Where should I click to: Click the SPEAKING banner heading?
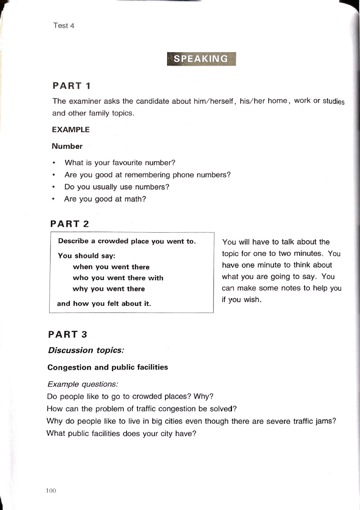[x=201, y=59]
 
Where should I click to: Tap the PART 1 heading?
[x=72, y=86]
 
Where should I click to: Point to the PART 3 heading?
[x=68, y=335]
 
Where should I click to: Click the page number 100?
[x=50, y=491]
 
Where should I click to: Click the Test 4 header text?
[x=64, y=26]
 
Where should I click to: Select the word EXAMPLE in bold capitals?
[x=71, y=130]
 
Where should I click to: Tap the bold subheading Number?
[x=67, y=146]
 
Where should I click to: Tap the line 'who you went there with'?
[x=118, y=278]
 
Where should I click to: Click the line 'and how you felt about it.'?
[x=104, y=304]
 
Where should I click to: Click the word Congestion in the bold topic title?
[x=69, y=368]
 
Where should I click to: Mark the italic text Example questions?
[x=82, y=385]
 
